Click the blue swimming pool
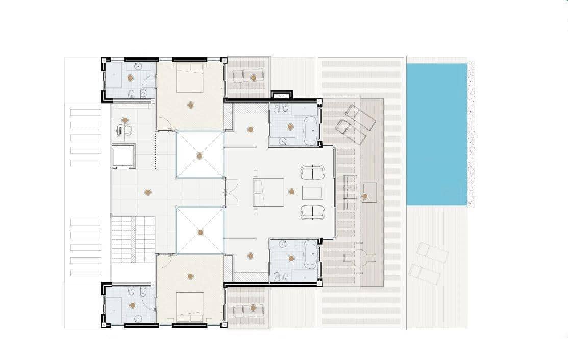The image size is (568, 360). tap(436, 134)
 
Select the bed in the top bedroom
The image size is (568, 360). tap(190, 79)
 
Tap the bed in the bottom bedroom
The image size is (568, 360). tap(190, 306)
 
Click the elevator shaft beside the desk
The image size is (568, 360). tap(123, 156)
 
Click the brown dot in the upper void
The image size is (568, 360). tap(200, 156)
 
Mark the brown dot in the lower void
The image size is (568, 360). tap(200, 232)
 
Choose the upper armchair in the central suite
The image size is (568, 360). tap(312, 172)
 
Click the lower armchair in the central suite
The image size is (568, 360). tap(312, 212)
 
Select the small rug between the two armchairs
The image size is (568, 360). tap(312, 192)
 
